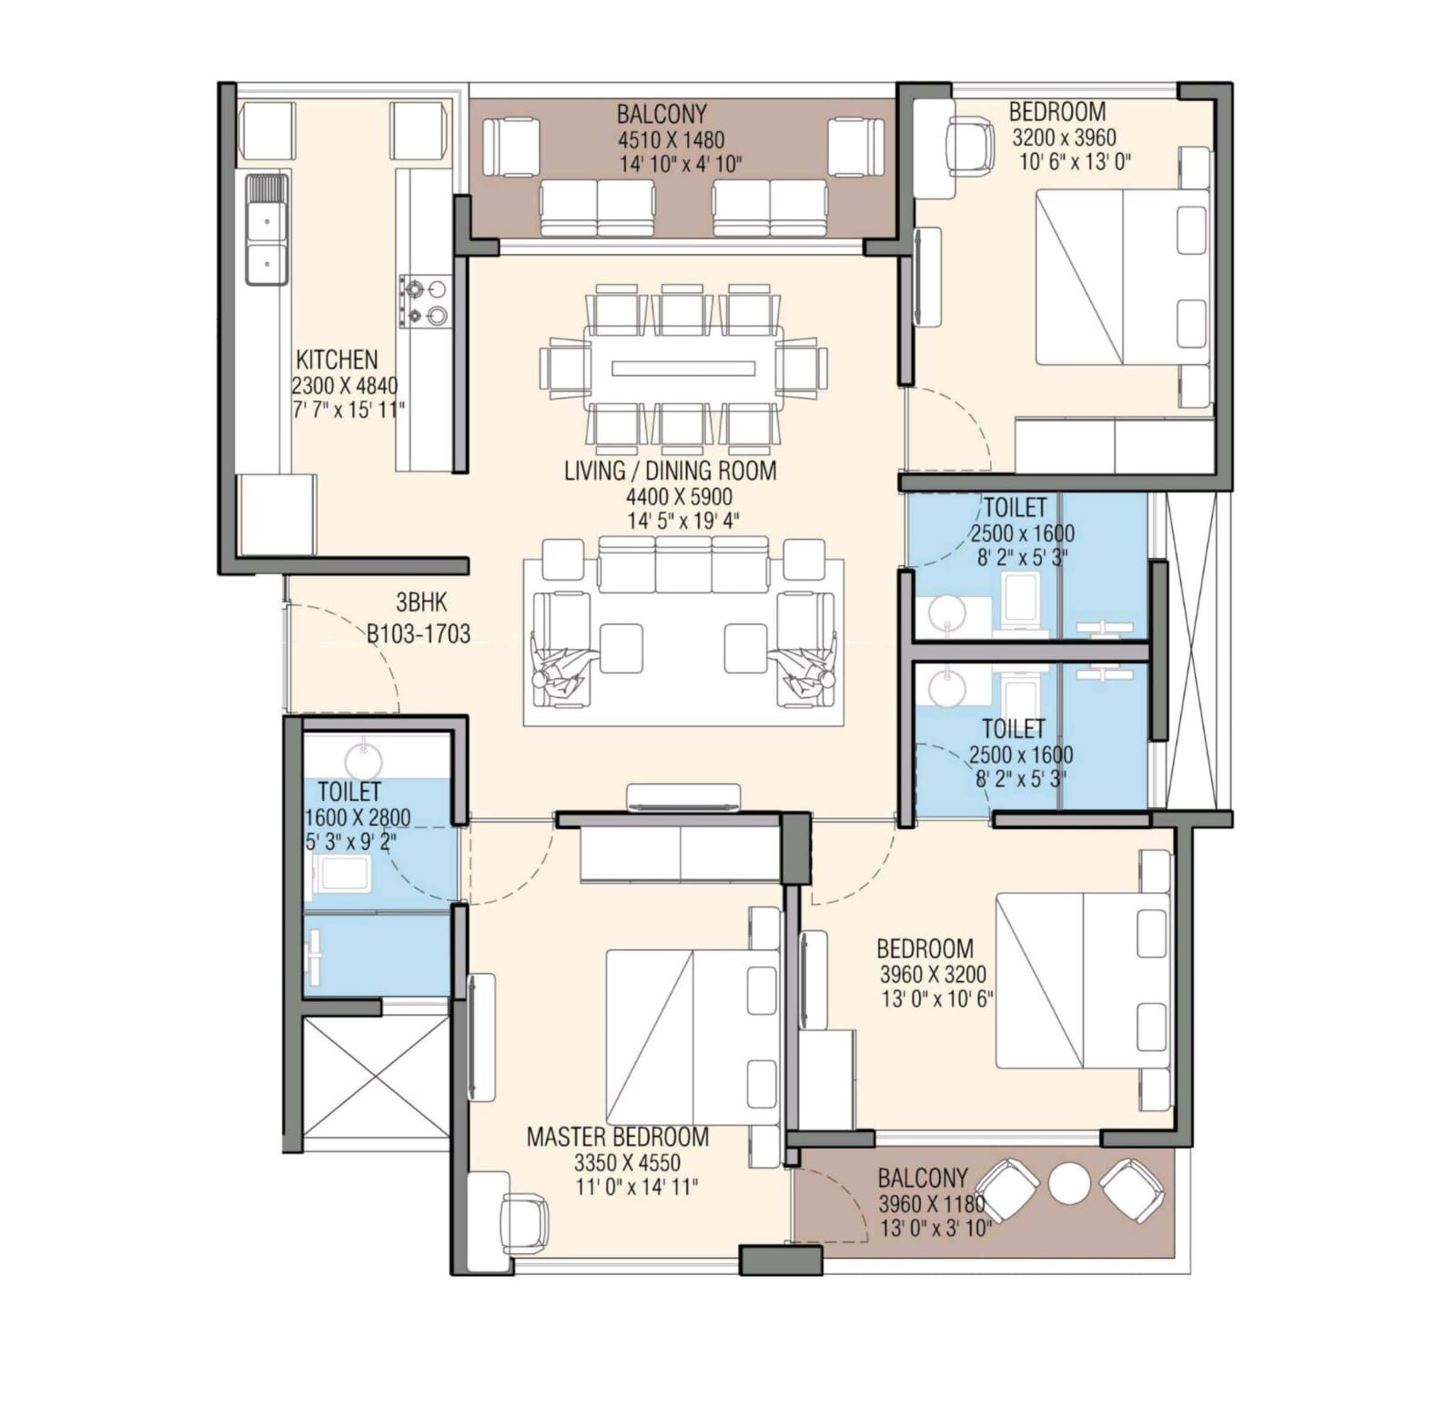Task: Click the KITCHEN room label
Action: coord(337,360)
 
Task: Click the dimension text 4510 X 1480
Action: coord(671,140)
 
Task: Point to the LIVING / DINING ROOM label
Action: coord(670,471)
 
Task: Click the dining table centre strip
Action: coord(683,369)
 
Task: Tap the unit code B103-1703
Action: coord(419,634)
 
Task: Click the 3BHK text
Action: coord(420,603)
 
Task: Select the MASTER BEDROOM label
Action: coord(618,1137)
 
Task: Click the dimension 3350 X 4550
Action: coord(627,1162)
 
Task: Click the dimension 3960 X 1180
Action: coord(931,1203)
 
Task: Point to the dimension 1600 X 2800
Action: coord(357,817)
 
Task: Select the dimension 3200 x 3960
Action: coord(1064,137)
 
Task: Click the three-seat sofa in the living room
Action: coord(683,564)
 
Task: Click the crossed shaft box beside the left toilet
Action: coord(376,1077)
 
